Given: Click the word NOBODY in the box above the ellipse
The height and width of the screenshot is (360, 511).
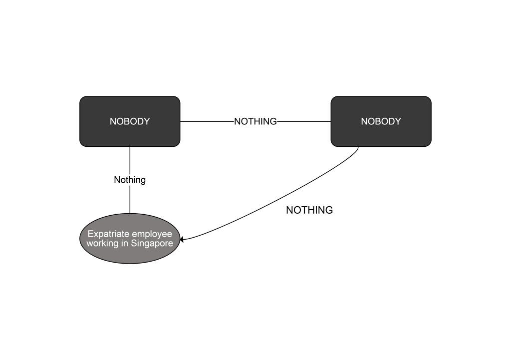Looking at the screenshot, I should pos(130,121).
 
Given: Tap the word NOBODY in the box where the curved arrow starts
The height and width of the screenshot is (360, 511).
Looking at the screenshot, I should pos(381,121).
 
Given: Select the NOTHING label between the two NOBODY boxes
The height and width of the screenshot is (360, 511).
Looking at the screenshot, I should pos(255,121).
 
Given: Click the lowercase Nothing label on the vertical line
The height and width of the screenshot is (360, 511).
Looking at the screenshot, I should pos(130,180).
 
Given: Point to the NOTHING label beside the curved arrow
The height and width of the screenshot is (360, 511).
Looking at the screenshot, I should pos(309,210).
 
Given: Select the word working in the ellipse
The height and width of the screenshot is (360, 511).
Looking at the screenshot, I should pos(103,244).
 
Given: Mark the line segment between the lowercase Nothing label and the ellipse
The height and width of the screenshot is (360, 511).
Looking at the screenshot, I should pos(130,200).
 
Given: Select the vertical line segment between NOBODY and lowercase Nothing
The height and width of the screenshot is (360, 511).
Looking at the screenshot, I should pos(130,160).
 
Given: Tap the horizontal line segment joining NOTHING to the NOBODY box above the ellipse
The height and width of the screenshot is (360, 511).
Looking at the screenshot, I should pos(207,121).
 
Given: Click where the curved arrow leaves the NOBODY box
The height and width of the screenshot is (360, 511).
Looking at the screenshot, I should pos(358,147).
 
